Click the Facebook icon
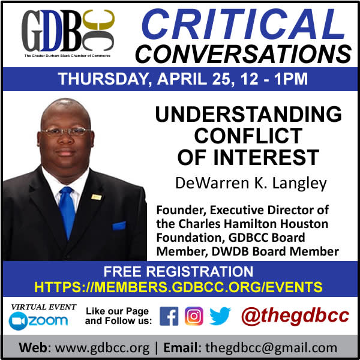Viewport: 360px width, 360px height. [169, 316]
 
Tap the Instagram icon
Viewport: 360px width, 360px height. [194, 316]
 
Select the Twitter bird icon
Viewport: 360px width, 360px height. [220, 316]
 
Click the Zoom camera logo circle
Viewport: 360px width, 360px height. [17, 321]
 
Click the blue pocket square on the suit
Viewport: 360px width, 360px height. [119, 226]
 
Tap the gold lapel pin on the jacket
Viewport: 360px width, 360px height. [96, 197]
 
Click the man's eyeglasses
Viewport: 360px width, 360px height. [66, 131]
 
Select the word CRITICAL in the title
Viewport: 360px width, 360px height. [243, 24]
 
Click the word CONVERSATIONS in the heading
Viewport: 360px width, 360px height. [244, 54]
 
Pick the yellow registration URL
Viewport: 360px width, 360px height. [178, 287]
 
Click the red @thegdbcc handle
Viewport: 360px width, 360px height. [295, 316]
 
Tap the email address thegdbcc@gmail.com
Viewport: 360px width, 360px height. [271, 347]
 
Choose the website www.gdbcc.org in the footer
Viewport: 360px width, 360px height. [102, 347]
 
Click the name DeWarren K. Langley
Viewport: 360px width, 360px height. [251, 183]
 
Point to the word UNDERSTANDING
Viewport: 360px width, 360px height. [248, 114]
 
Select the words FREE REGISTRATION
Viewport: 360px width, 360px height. [178, 271]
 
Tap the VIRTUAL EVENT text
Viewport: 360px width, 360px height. [44, 307]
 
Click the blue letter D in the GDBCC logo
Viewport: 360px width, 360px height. [52, 31]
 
